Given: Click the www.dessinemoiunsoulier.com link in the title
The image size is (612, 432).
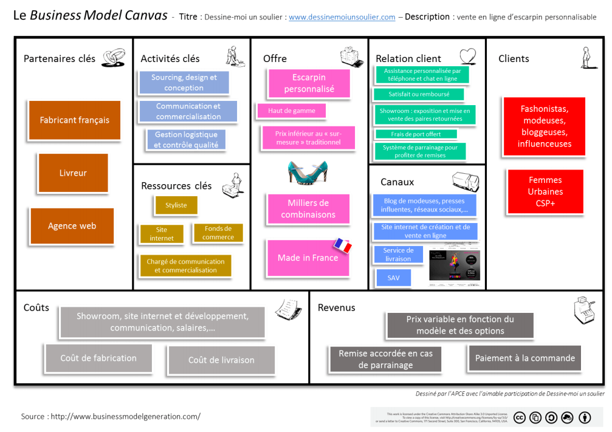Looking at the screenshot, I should coord(342,18).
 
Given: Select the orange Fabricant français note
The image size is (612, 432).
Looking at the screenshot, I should coord(75,120).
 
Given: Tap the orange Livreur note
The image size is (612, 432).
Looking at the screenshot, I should coord(73,173).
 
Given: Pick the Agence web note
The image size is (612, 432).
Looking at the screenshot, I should coord(72,226).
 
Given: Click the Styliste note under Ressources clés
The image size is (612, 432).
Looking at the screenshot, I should coord(176,205).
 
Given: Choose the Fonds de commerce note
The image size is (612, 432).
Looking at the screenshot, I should coord(218,233).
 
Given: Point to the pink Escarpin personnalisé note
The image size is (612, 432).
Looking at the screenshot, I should coord(309,83).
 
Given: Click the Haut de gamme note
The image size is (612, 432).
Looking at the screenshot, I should coord(291,111).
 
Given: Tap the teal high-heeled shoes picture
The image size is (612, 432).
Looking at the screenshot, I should coord(308,171).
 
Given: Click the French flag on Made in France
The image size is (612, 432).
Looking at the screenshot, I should coord(342,245).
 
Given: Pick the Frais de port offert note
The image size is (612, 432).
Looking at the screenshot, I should coord(416,134).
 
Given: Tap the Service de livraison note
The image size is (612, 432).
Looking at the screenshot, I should coord(398,255).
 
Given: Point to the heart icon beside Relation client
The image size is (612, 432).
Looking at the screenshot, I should coord(467,57).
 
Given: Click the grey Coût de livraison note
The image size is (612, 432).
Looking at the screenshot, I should coord(221,360).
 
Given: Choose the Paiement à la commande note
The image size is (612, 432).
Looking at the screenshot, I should coord(524,358).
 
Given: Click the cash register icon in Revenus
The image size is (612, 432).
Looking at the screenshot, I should coord(583,310).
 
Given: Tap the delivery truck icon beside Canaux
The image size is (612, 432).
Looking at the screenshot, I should coord(466,181).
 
